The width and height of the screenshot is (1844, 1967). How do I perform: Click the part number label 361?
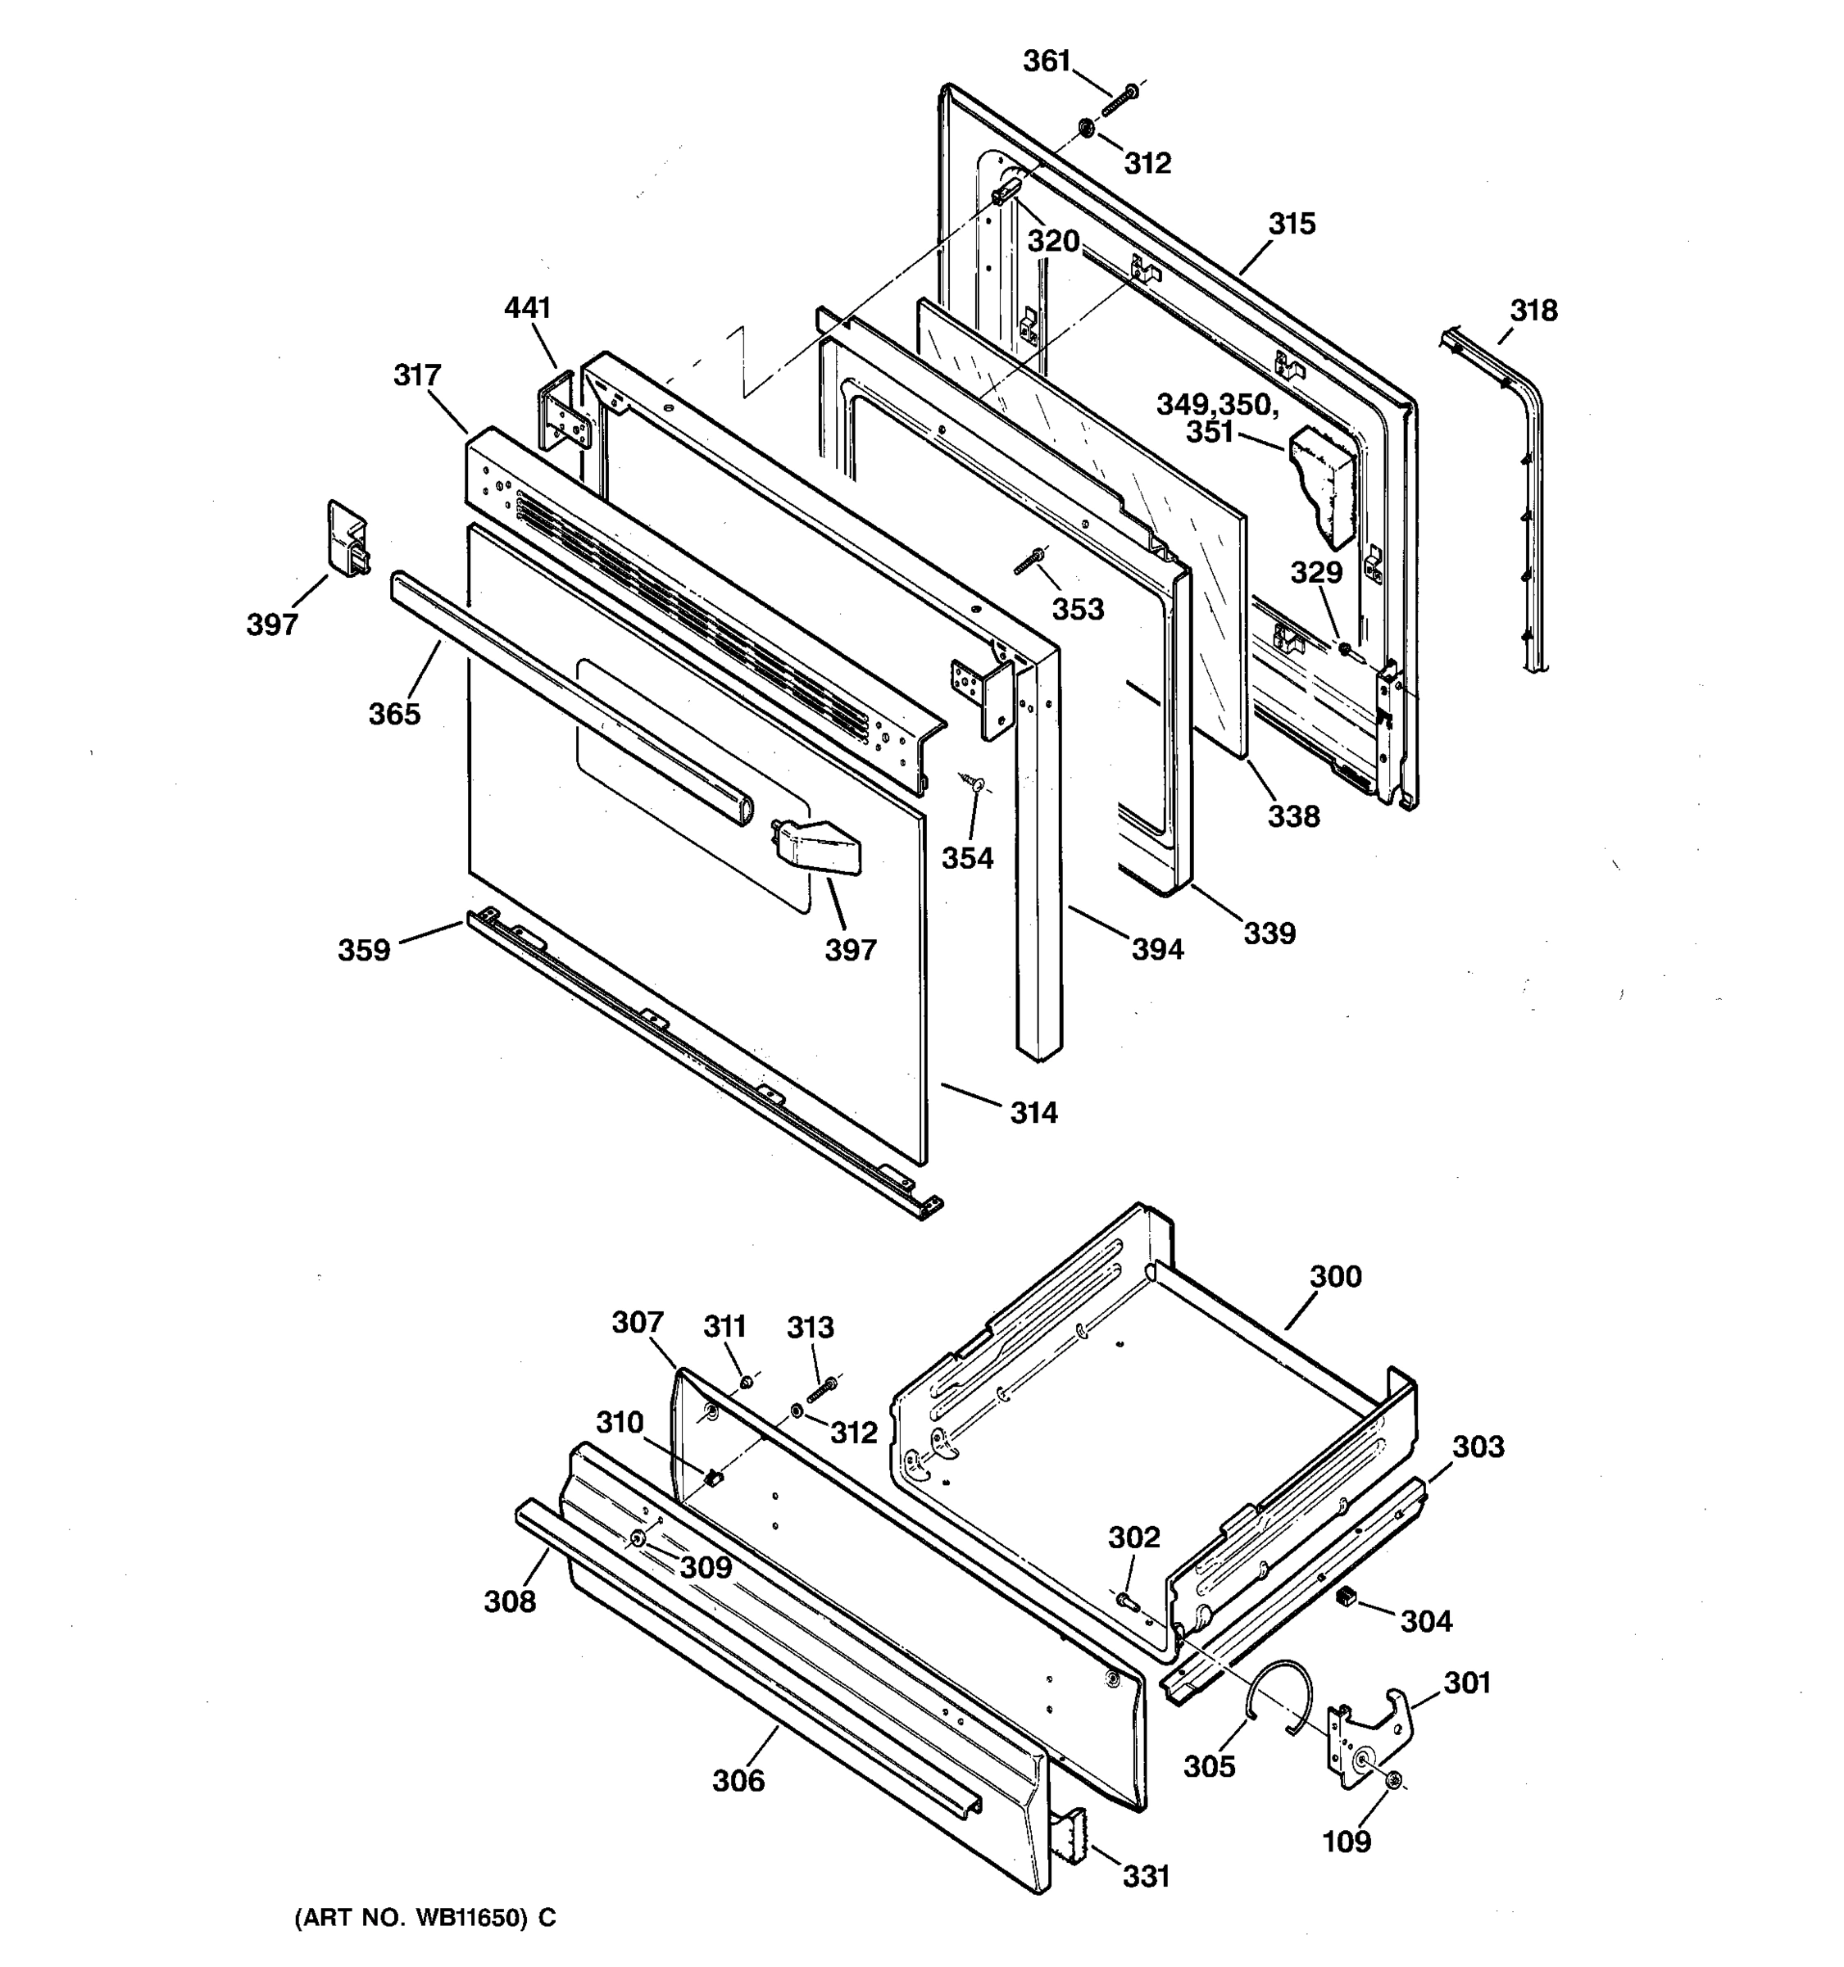[x=1047, y=61]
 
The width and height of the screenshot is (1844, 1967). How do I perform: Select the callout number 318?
[x=1533, y=311]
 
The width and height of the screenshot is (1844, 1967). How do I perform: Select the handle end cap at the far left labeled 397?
[x=346, y=540]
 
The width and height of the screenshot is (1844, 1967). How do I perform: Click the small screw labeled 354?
[x=974, y=784]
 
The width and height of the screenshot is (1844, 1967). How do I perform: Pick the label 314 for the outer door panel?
[x=1033, y=1113]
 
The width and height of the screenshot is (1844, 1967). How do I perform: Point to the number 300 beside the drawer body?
[x=1336, y=1276]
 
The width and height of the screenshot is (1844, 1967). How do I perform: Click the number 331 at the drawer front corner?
[x=1146, y=1876]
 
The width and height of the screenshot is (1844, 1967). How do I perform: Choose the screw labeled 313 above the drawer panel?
[x=821, y=1390]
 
